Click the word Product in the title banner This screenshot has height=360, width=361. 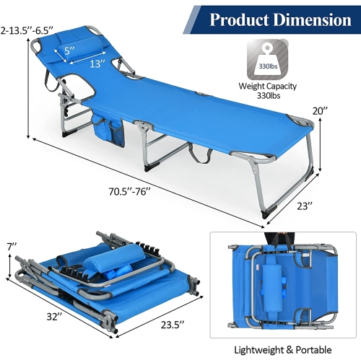point(239,19)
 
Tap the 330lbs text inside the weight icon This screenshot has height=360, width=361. point(268,66)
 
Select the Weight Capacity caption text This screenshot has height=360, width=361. point(267,86)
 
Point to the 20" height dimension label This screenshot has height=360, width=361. point(320,111)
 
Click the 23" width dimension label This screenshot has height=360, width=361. point(305,206)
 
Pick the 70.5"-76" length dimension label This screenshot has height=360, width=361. point(129,191)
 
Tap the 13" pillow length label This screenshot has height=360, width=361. point(97,63)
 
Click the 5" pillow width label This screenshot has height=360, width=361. point(69,51)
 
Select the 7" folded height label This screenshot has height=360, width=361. point(12,247)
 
